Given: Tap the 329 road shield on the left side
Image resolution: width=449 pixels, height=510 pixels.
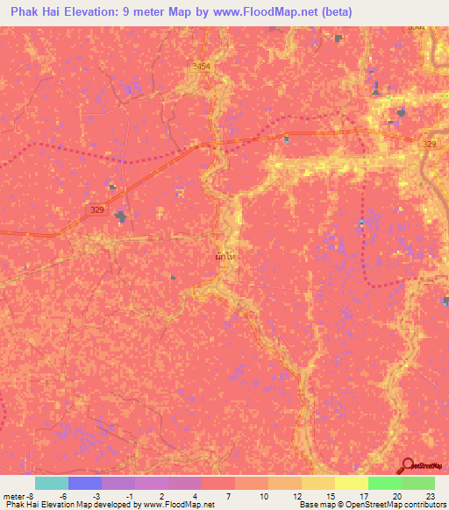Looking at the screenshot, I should (96, 210).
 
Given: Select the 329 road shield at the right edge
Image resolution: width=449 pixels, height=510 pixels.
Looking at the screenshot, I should (429, 144).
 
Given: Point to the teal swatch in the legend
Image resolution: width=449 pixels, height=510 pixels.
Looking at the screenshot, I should (52, 483).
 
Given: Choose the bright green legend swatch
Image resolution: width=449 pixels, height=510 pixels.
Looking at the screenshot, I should (384, 483).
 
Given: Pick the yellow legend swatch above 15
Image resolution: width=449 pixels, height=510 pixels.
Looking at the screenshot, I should (317, 483).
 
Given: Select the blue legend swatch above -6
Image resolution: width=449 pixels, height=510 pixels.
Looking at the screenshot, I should (85, 483).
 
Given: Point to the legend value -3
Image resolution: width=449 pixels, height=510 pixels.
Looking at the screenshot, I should (96, 496).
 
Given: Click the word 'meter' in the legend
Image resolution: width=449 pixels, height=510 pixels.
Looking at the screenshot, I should (14, 496).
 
